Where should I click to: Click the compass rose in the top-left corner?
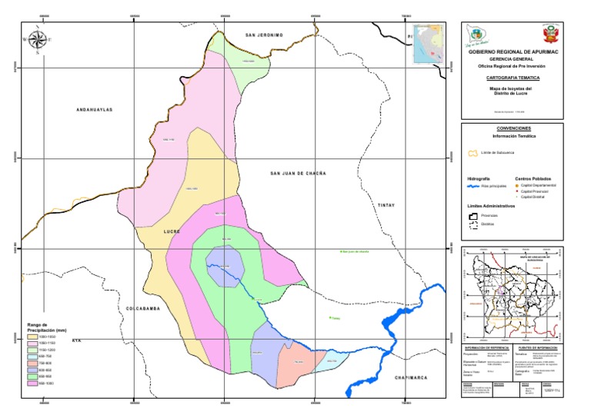pos(37,38)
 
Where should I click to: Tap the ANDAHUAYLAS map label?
pos(95,110)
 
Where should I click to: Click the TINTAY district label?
pos(386,206)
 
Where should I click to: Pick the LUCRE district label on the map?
pos(171,231)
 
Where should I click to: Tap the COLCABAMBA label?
pos(142,307)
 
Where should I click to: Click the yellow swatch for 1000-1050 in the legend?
pos(32,337)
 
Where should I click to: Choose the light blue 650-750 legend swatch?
pos(32,356)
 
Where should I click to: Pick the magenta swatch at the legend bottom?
pos(32,383)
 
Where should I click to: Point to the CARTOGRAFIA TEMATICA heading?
pos(516,78)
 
